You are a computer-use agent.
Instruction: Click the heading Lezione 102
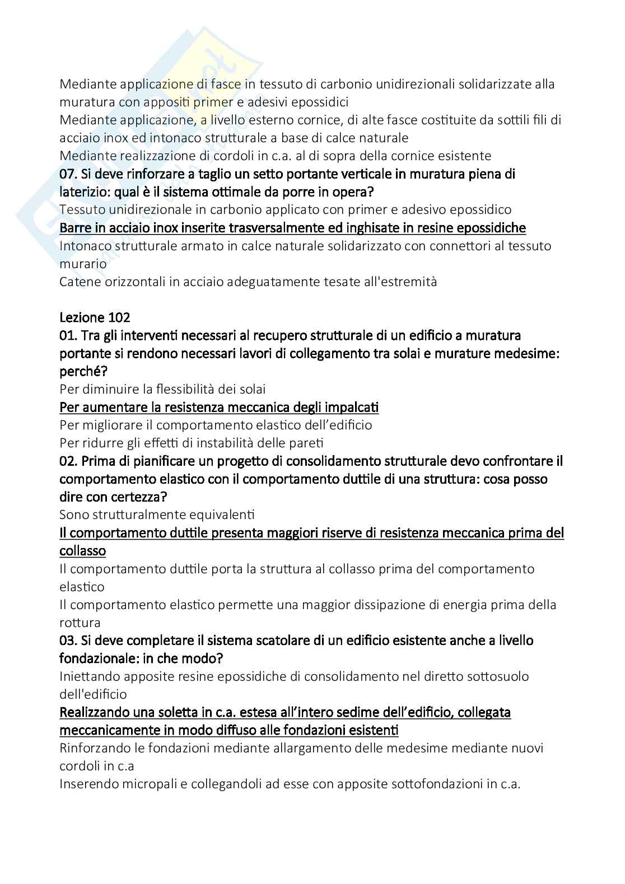pos(95,317)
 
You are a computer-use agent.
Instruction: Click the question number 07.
pos(68,174)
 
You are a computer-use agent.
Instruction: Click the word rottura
pos(80,623)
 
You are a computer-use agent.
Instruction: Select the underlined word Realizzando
pos(95,712)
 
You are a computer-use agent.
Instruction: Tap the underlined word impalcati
pos(352,407)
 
